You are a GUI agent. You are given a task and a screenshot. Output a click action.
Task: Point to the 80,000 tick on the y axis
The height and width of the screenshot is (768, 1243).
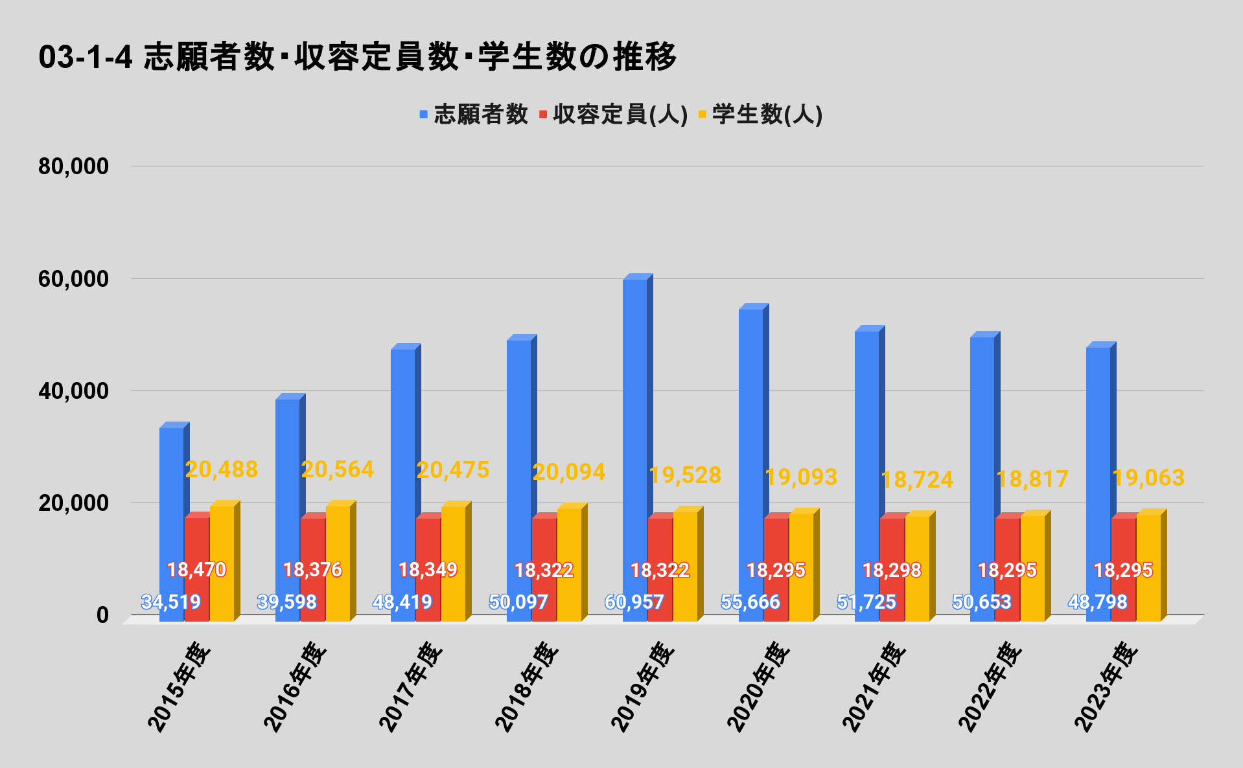point(73,166)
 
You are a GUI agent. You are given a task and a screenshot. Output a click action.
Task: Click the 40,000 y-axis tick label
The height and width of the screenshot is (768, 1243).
point(73,391)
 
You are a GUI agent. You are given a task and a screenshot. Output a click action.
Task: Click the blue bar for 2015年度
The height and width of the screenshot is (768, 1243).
point(172,505)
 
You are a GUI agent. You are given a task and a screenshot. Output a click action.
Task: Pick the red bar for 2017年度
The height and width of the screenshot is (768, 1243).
point(428,544)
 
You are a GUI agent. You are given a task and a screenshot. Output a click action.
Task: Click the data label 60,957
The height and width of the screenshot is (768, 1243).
point(634,602)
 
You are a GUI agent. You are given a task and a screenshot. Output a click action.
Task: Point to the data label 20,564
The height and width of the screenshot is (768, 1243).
point(338,469)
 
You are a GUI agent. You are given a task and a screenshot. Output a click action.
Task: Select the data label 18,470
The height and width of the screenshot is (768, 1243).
point(196,570)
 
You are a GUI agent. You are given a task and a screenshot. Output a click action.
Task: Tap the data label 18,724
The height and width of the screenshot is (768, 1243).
point(917,480)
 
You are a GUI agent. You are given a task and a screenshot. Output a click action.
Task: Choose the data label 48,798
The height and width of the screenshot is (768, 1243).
point(1097,602)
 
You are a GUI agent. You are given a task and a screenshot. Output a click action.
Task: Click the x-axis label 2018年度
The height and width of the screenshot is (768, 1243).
point(526,686)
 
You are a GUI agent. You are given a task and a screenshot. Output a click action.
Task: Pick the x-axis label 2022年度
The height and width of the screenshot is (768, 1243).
point(990,686)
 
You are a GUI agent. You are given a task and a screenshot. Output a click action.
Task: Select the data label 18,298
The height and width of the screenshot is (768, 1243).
point(892,570)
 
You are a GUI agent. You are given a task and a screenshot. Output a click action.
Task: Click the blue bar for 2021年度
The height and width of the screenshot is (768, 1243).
point(867,453)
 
